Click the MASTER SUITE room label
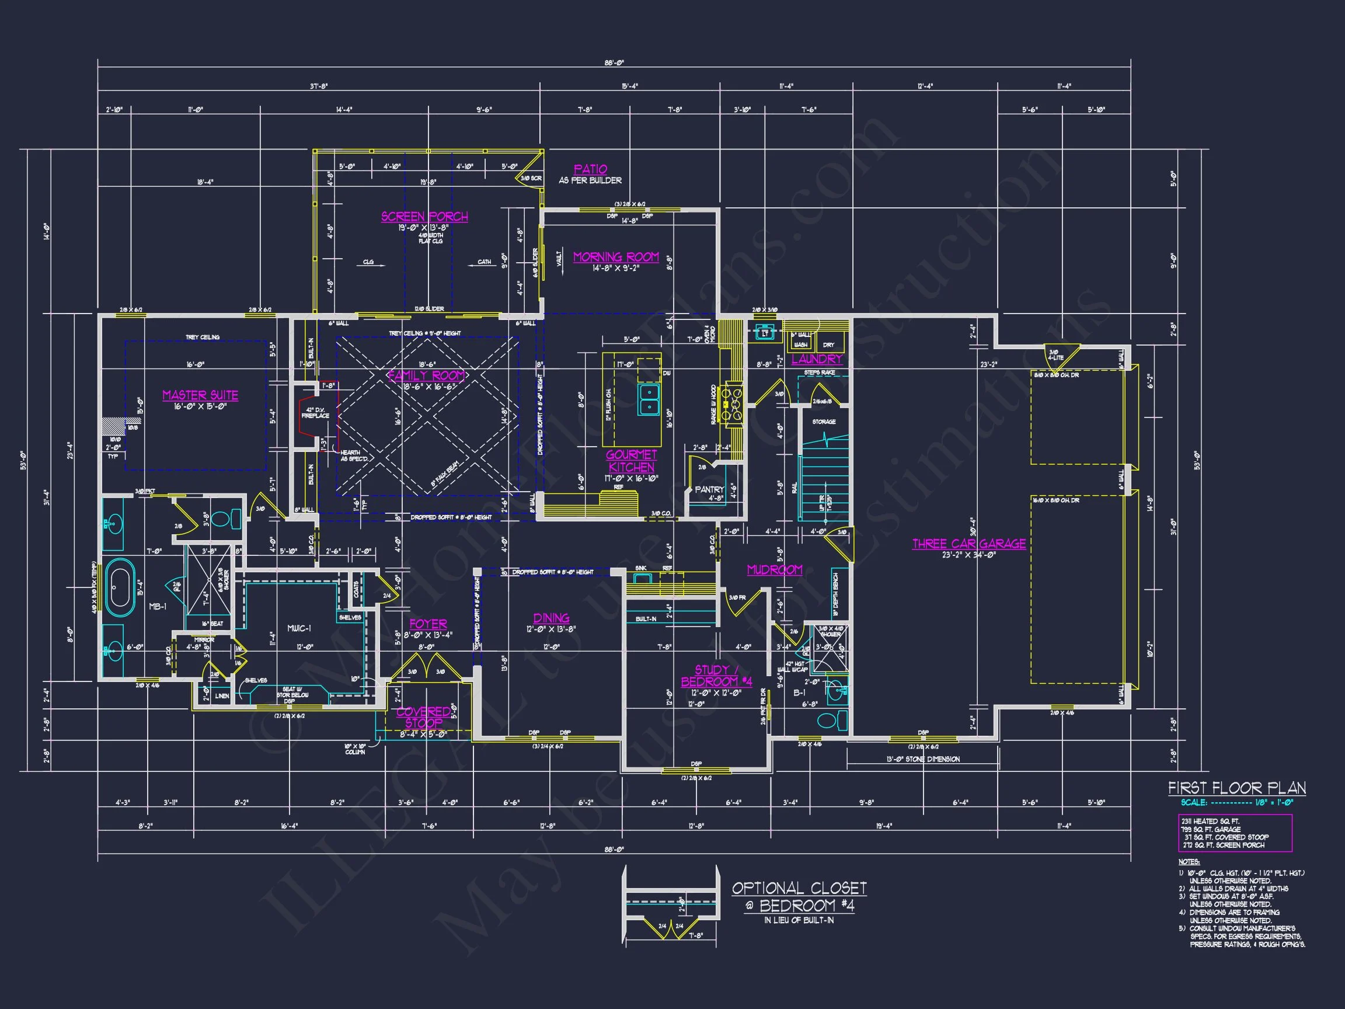(x=200, y=395)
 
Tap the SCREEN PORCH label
(x=424, y=217)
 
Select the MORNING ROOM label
(x=616, y=258)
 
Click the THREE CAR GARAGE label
(x=968, y=544)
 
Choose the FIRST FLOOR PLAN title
(x=1237, y=788)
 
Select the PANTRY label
(x=709, y=489)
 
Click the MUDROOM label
(x=775, y=570)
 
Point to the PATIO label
(x=590, y=169)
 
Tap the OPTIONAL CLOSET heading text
(x=799, y=888)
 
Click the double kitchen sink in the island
(x=649, y=399)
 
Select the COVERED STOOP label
(x=424, y=717)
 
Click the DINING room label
(x=551, y=618)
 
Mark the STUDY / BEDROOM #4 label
(x=716, y=676)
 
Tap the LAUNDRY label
(x=817, y=359)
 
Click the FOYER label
(x=428, y=624)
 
